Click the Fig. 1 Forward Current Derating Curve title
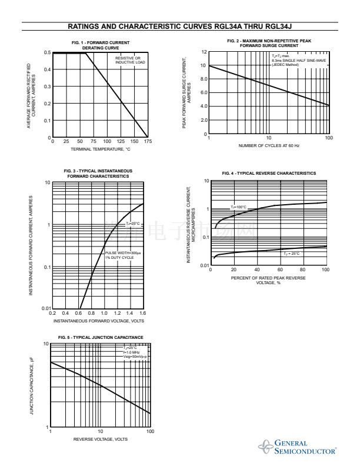pyautogui.click(x=100, y=45)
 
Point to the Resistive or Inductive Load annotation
pyautogui.click(x=128, y=61)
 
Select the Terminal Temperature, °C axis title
pyautogui.click(x=99, y=149)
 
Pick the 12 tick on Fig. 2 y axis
pyautogui.click(x=204, y=52)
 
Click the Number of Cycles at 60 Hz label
pyautogui.click(x=269, y=145)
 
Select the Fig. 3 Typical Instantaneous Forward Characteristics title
pyautogui.click(x=98, y=174)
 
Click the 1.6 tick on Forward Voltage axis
pyautogui.click(x=142, y=313)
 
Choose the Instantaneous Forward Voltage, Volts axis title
pyautogui.click(x=98, y=321)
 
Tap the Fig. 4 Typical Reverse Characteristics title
pyautogui.click(x=269, y=174)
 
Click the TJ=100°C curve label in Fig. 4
pyautogui.click(x=238, y=207)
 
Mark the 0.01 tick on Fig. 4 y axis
pyautogui.click(x=205, y=266)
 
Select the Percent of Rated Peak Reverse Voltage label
pyautogui.click(x=268, y=279)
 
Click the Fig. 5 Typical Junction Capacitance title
pyautogui.click(x=101, y=337)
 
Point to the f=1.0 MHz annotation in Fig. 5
pyautogui.click(x=131, y=352)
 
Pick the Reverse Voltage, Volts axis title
pyautogui.click(x=100, y=440)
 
